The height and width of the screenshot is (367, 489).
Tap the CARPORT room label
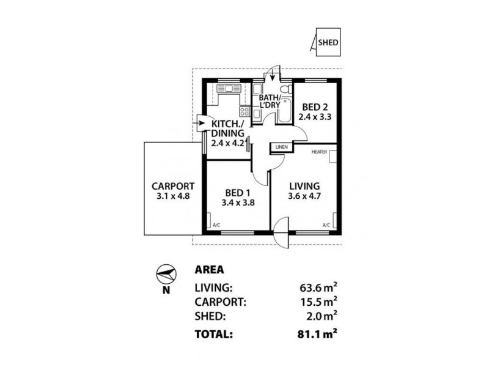(173, 187)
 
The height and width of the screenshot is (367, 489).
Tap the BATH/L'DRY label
(270, 102)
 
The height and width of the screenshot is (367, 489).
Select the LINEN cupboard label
(281, 147)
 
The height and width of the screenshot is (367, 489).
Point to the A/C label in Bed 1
(216, 225)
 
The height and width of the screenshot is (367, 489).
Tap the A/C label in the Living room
(326, 225)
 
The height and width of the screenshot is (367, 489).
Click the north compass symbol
(166, 273)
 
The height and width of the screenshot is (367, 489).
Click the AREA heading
(208, 269)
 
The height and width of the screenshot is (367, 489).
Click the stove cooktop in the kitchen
(244, 112)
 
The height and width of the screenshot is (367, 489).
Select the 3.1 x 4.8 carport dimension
(173, 197)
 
